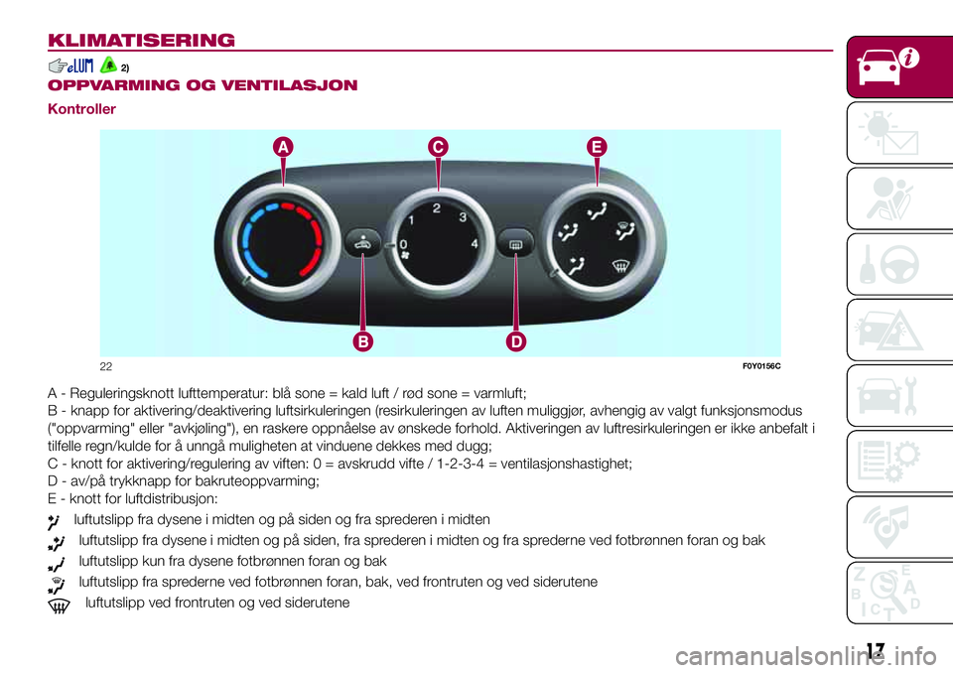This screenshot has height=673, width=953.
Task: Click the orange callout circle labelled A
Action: pyautogui.click(x=284, y=147)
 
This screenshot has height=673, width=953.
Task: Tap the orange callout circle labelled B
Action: pyautogui.click(x=363, y=342)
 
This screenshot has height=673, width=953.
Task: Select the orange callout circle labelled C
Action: pyautogui.click(x=438, y=147)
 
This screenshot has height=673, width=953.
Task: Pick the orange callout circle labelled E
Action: pyautogui.click(x=596, y=147)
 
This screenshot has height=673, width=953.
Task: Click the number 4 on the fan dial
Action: pyautogui.click(x=476, y=243)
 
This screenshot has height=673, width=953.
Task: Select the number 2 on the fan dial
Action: pyautogui.click(x=437, y=208)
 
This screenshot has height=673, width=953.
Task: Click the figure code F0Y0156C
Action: pyautogui.click(x=759, y=365)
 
